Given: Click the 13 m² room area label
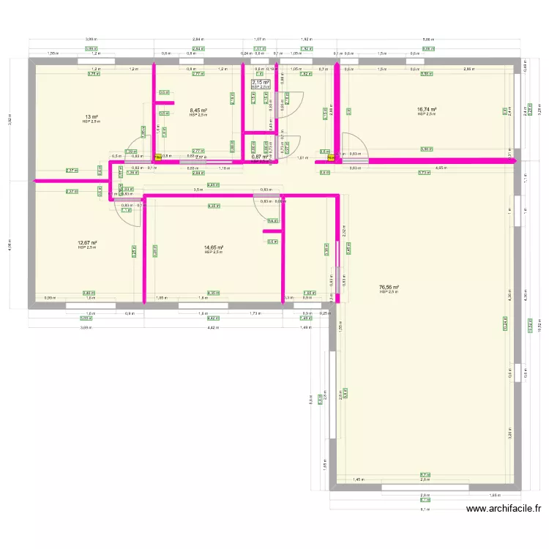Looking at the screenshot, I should pyautogui.click(x=91, y=116).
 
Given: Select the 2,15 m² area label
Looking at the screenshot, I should pyautogui.click(x=261, y=82).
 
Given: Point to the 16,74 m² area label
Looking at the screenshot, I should pyautogui.click(x=427, y=109).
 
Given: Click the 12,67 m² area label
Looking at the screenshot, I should pyautogui.click(x=88, y=242).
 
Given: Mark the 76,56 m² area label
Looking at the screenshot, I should pyautogui.click(x=389, y=288).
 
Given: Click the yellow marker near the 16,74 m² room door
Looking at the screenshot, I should pyautogui.click(x=331, y=156).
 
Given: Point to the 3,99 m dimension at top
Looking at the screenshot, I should pyautogui.click(x=91, y=39).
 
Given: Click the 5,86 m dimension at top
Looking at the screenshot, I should pyautogui.click(x=427, y=39).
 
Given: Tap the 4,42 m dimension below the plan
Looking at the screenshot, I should pyautogui.click(x=212, y=327).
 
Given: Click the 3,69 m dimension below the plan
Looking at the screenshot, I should pyautogui.click(x=86, y=327).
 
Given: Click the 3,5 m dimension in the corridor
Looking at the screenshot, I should pyautogui.click(x=198, y=190).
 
